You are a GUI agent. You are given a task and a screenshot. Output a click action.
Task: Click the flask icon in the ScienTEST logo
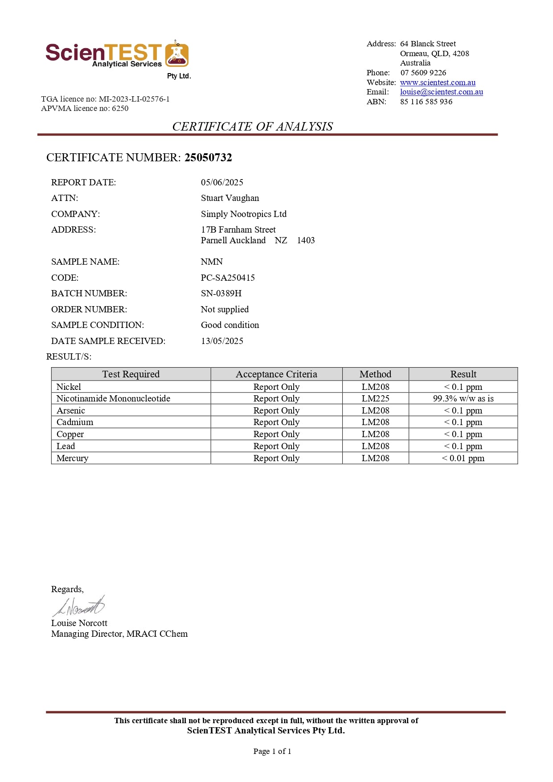(177, 54)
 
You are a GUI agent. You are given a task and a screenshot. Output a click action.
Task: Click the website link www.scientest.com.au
(438, 82)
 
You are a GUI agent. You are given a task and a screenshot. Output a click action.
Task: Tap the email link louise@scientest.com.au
(441, 92)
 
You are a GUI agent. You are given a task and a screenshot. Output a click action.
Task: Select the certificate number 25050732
(208, 157)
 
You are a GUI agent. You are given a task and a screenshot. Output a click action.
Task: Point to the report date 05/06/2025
(222, 182)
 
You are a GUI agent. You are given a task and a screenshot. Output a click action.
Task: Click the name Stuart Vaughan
(230, 198)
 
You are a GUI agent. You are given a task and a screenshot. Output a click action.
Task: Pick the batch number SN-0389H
(221, 293)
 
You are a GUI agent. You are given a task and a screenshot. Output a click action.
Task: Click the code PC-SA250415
(228, 278)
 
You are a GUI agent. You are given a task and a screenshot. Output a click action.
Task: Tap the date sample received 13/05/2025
(222, 341)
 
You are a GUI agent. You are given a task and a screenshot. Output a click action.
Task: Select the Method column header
(375, 374)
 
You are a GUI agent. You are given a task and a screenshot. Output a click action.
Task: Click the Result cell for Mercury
(463, 458)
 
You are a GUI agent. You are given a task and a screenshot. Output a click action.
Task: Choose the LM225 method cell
(375, 398)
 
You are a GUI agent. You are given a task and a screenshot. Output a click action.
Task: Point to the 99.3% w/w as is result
(463, 398)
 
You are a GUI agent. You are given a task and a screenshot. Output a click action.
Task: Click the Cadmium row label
(75, 422)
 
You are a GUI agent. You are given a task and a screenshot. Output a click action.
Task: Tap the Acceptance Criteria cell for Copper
(276, 434)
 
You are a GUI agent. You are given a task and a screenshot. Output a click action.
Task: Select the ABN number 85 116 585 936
(426, 102)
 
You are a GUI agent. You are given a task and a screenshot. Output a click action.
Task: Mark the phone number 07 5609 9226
(423, 73)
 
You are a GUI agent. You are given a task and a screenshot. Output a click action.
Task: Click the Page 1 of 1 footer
(272, 751)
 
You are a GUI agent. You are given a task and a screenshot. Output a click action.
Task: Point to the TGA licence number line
(105, 99)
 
